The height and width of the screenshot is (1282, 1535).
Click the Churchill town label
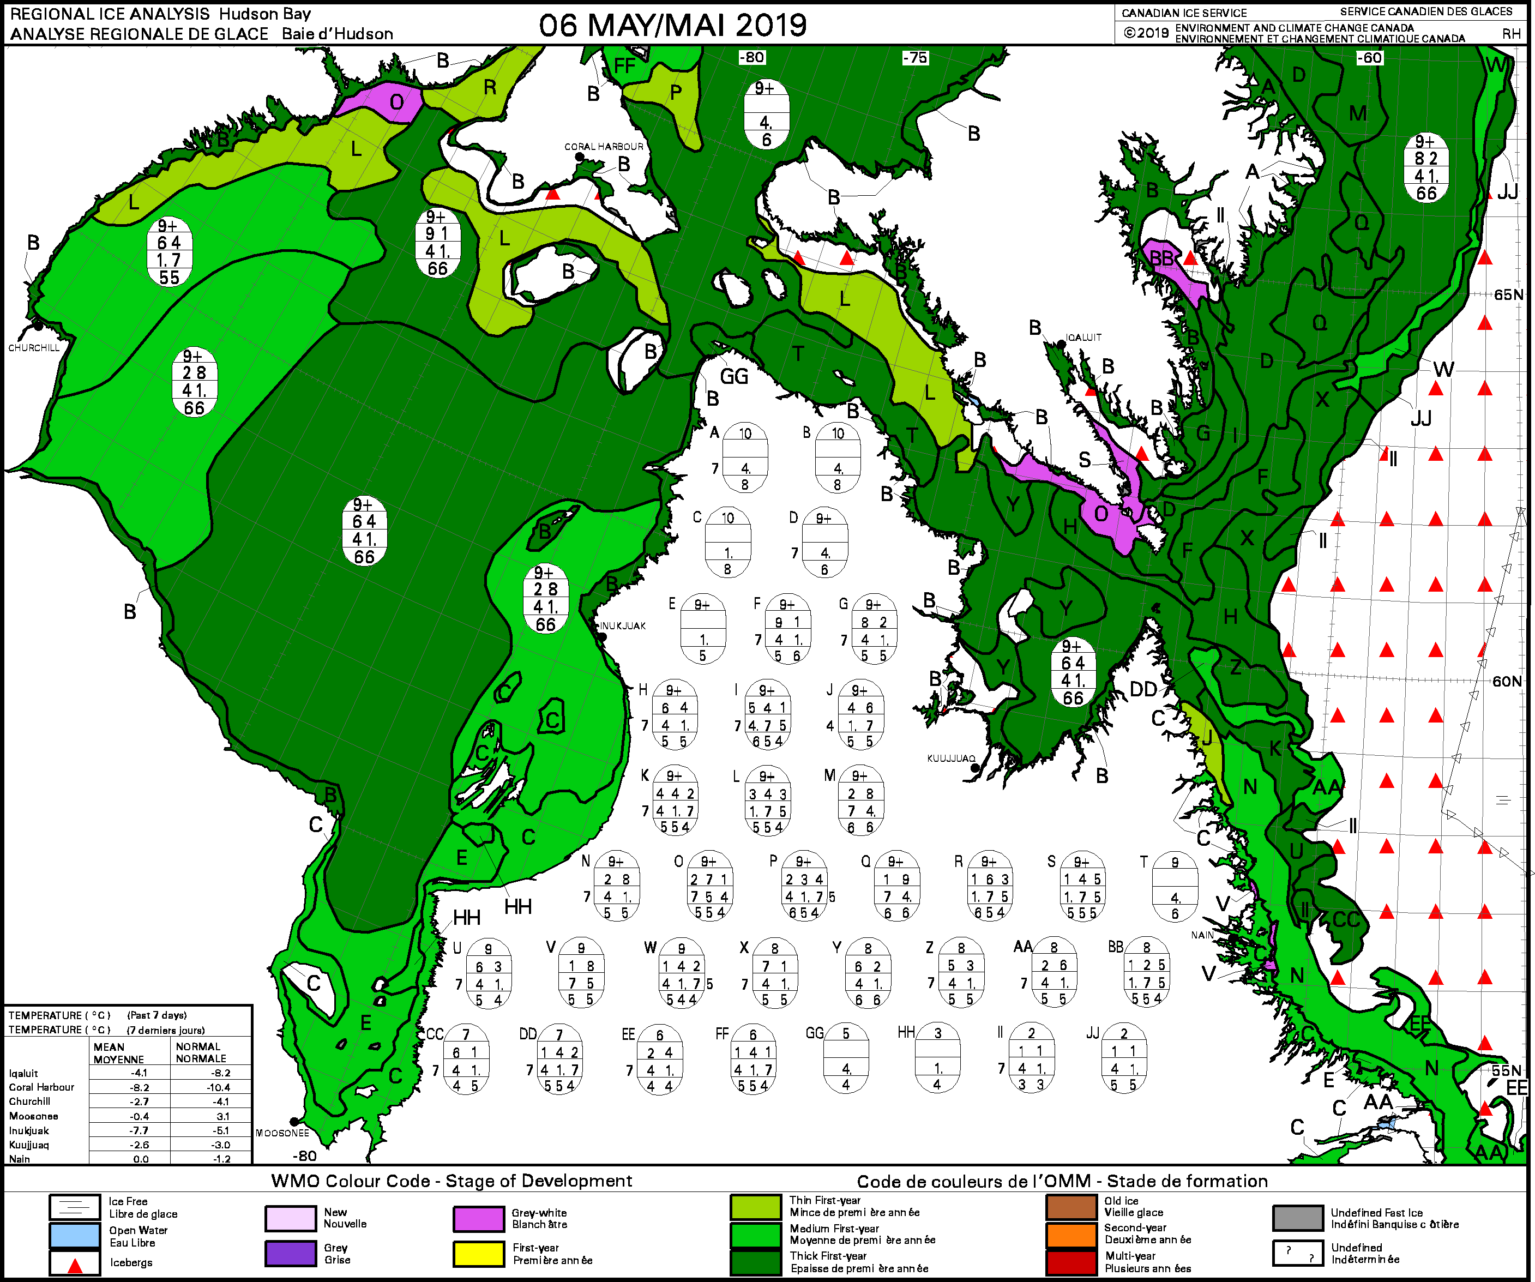pyautogui.click(x=34, y=348)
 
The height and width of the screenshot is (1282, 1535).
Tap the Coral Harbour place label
pyautogui.click(x=604, y=146)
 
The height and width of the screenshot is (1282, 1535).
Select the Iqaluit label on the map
pyautogui.click(x=1083, y=338)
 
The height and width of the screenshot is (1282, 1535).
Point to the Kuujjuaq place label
pyautogui.click(x=951, y=759)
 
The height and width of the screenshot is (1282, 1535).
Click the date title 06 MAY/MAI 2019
pyautogui.click(x=672, y=25)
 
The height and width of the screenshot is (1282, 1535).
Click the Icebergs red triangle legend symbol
pyautogui.click(x=75, y=1263)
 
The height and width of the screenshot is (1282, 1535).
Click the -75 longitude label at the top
pyautogui.click(x=914, y=58)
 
